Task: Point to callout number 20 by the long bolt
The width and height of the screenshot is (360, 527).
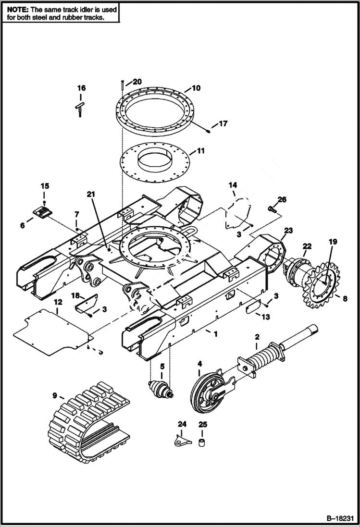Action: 137,82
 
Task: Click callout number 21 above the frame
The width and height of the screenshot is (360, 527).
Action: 91,194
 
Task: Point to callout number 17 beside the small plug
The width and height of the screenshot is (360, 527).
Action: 223,124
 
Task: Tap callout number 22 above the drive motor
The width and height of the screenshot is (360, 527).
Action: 307,246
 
